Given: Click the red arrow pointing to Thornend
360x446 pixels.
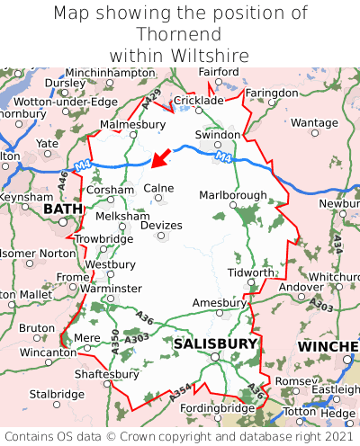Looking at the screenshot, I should [x=160, y=159].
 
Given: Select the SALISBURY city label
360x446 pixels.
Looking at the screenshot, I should [x=215, y=343].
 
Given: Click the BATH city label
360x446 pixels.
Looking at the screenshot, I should [x=62, y=210].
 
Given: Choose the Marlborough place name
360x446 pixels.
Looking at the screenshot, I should [x=232, y=195].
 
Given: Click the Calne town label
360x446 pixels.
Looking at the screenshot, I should [x=158, y=188].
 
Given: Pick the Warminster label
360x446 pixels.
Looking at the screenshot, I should [x=111, y=288].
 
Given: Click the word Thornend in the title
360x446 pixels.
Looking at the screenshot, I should [x=180, y=34].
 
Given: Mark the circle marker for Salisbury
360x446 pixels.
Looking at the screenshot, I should [x=215, y=357].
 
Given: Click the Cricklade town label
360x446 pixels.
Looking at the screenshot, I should [x=197, y=101].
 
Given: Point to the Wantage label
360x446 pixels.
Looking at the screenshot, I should [x=314, y=122].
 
